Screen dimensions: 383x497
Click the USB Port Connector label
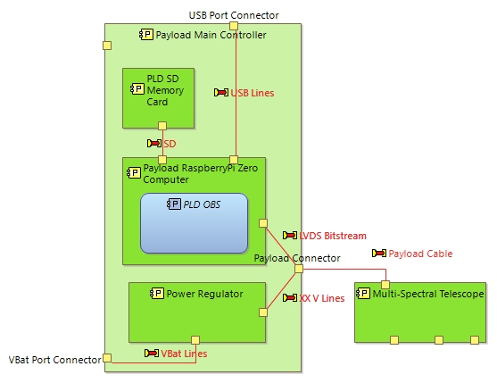coord(234,15)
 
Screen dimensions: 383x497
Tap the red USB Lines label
coord(252,93)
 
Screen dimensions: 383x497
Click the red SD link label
coord(169,143)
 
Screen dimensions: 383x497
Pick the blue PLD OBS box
coord(194,228)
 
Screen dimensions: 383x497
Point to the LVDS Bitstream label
coord(332,236)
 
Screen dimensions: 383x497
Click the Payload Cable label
coord(419,254)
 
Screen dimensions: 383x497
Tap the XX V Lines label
coord(321,298)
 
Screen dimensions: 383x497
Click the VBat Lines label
coord(183,354)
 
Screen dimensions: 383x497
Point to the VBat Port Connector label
coord(54,360)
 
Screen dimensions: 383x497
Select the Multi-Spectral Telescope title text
coord(428,294)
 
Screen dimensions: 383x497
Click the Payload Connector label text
coord(297,258)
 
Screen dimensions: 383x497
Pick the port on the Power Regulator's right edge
coord(263,312)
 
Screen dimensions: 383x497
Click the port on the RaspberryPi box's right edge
coord(263,223)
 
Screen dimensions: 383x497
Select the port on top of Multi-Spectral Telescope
coord(385,284)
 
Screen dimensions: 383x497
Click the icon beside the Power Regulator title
coord(154,293)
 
